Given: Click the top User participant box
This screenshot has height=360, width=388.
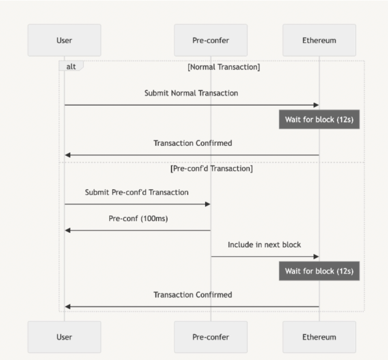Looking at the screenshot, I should pyautogui.click(x=64, y=40).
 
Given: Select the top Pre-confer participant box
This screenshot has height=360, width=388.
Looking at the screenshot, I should pyautogui.click(x=211, y=40).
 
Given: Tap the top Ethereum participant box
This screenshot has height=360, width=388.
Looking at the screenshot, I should pyautogui.click(x=319, y=40).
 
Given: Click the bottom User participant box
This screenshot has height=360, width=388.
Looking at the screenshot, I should pyautogui.click(x=64, y=337).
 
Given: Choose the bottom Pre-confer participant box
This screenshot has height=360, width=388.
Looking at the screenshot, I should pyautogui.click(x=211, y=337).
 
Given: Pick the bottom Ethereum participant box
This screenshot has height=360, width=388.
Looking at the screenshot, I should pyautogui.click(x=319, y=337).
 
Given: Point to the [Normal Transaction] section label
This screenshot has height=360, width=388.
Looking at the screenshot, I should pyautogui.click(x=224, y=67).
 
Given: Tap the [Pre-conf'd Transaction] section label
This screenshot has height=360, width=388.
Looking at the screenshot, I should pyautogui.click(x=211, y=168).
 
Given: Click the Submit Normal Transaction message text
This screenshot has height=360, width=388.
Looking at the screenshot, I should pyautogui.click(x=191, y=93).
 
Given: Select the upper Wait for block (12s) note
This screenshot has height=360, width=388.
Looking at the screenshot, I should pyautogui.click(x=319, y=119).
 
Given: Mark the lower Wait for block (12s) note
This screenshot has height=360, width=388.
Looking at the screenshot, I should pyautogui.click(x=319, y=271).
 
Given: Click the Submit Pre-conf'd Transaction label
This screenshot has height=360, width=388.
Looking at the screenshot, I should pyautogui.click(x=137, y=192).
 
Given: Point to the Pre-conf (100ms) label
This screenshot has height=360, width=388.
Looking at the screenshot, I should pyautogui.click(x=138, y=218).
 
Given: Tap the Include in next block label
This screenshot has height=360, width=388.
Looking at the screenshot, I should pyautogui.click(x=264, y=245).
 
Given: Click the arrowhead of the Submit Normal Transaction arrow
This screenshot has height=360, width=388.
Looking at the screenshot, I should pyautogui.click(x=316, y=105).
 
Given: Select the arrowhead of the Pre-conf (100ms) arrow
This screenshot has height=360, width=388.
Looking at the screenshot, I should pyautogui.click(x=68, y=231).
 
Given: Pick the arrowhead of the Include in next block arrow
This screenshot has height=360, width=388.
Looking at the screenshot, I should pyautogui.click(x=316, y=257).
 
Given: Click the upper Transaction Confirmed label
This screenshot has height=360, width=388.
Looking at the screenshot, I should pyautogui.click(x=192, y=143).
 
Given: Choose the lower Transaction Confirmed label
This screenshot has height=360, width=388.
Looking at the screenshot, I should pyautogui.click(x=192, y=295).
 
